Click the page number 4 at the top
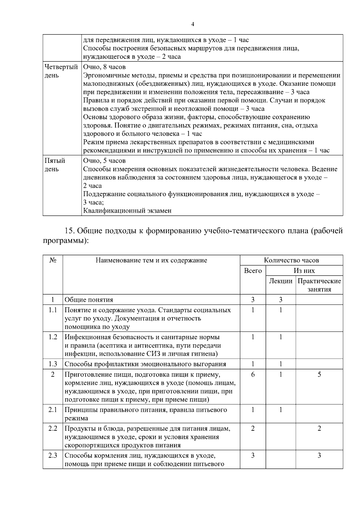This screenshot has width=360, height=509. click(193, 25)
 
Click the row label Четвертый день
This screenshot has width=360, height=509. click(61, 71)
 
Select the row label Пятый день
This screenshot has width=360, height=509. click(55, 165)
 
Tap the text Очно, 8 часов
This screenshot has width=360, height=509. click(104, 67)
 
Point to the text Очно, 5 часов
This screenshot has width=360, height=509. click(104, 161)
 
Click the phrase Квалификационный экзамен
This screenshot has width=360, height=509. click(127, 211)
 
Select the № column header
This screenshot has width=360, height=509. click(53, 260)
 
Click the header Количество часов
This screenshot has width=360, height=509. click(291, 260)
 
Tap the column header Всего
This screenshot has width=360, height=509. click(253, 271)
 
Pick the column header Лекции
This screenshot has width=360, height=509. click(280, 281)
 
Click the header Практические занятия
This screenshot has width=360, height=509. click(319, 285)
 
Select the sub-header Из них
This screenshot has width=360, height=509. click(304, 271)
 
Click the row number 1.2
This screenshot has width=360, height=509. click(53, 337)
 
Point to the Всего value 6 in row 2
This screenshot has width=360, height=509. click(253, 374)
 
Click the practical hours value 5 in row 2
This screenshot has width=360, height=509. click(319, 374)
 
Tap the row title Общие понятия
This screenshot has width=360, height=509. click(89, 300)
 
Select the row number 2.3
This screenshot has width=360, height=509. click(53, 455)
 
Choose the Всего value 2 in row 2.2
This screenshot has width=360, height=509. click(253, 428)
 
